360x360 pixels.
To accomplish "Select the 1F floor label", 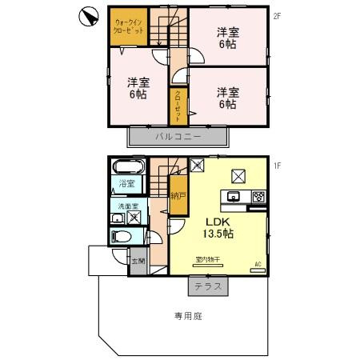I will pyautogui.click(x=275, y=166).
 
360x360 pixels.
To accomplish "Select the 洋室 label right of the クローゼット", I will pyautogui.click(x=228, y=98).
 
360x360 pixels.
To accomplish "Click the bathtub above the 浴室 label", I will pyautogui.click(x=127, y=168).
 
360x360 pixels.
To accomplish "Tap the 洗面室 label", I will pyautogui.click(x=122, y=207).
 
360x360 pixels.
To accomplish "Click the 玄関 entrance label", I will pyautogui.click(x=138, y=261).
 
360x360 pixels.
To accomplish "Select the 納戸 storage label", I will pyautogui.click(x=177, y=194).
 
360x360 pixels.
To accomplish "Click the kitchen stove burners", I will pyautogui.click(x=259, y=197).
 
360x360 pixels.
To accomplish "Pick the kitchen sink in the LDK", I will pyautogui.click(x=236, y=197).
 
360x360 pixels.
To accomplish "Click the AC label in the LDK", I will pyautogui.click(x=258, y=263).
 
